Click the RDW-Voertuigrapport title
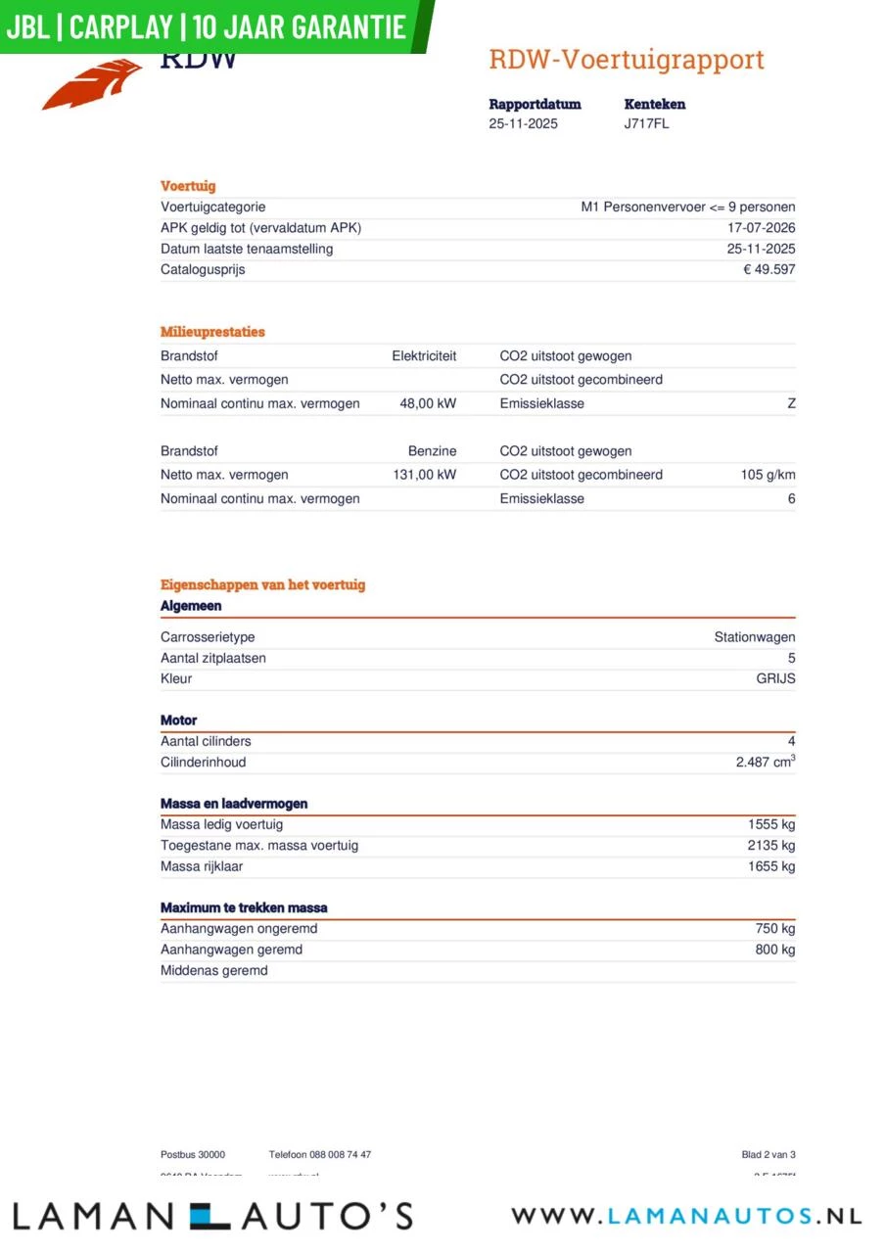pyautogui.click(x=627, y=60)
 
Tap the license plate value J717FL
pyautogui.click(x=646, y=124)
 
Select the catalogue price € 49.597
pyautogui.click(x=769, y=270)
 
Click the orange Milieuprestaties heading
pyautogui.click(x=212, y=332)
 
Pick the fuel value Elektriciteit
pyautogui.click(x=424, y=356)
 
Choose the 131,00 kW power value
pyautogui.click(x=424, y=475)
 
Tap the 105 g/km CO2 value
pyautogui.click(x=768, y=475)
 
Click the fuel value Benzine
pyautogui.click(x=432, y=451)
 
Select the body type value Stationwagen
pyautogui.click(x=754, y=637)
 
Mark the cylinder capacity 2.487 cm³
pyautogui.click(x=765, y=763)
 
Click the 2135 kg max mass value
pyautogui.click(x=771, y=846)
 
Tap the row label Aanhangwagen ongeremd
pyautogui.click(x=239, y=929)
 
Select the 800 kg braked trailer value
pyautogui.click(x=775, y=950)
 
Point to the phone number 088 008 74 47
pyautogui.click(x=340, y=1155)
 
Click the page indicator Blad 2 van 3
pyautogui.click(x=769, y=1155)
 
